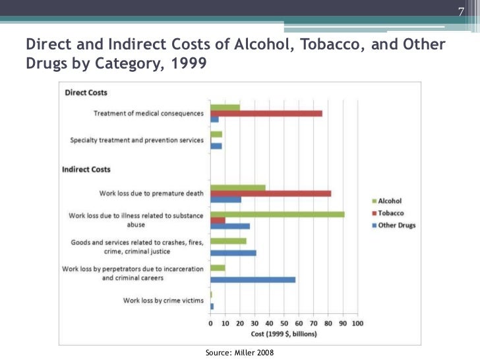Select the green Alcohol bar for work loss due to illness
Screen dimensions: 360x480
click(277, 214)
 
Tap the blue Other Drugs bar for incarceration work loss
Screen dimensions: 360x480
click(253, 280)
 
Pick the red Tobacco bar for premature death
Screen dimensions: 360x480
click(270, 193)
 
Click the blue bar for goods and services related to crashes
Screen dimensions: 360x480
click(233, 253)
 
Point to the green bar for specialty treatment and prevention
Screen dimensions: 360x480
click(216, 134)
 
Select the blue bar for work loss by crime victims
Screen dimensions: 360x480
click(212, 307)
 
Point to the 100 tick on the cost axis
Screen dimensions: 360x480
click(357, 324)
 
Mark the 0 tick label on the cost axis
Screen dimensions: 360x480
click(210, 324)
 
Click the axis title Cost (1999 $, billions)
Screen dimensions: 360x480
click(284, 334)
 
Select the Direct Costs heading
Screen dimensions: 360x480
click(86, 93)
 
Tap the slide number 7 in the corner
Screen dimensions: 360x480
click(461, 11)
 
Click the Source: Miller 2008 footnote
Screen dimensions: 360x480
click(239, 353)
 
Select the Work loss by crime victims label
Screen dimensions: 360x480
click(163, 301)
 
